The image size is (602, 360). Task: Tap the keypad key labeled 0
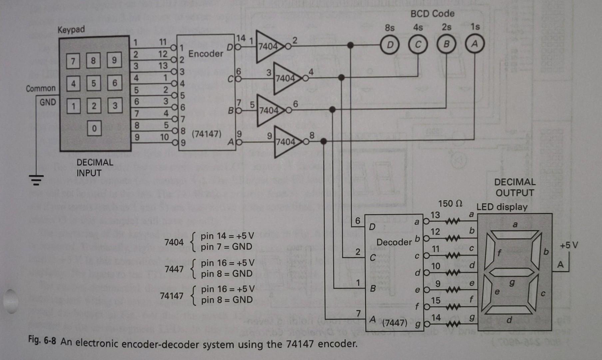coord(94,128)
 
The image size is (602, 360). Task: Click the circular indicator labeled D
coord(390,44)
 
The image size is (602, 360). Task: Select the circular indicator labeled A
coord(474,44)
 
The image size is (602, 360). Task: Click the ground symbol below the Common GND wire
coord(36,180)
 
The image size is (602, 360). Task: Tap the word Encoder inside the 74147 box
coord(206,54)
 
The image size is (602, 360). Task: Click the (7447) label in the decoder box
coord(394,323)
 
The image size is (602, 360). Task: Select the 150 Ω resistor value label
coord(450,203)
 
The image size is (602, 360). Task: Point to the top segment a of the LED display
coord(515,235)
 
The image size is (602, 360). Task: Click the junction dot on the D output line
coord(350,45)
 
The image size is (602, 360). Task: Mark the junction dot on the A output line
coord(323,141)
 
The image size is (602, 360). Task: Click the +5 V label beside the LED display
coord(569,245)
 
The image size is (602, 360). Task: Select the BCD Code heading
coord(432,14)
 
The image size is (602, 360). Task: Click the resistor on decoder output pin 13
coord(453,221)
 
